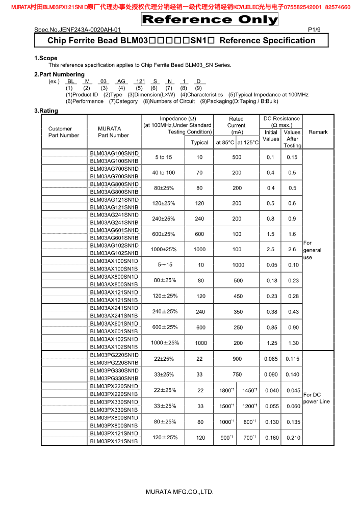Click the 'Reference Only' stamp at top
click(210, 20)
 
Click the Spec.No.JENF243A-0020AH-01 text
click(78, 30)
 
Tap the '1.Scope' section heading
click(46, 58)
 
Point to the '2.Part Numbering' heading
click(59, 74)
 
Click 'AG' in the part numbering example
click(121, 82)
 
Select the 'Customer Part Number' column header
click(64, 132)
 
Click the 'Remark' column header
click(318, 132)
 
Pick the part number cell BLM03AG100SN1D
click(114, 153)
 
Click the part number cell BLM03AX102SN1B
click(114, 347)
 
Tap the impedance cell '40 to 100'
click(164, 173)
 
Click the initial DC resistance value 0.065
click(271, 359)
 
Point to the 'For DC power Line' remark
click(317, 398)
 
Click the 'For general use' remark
click(312, 250)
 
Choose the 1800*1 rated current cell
click(226, 390)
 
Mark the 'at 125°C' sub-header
click(248, 143)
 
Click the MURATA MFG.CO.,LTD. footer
click(179, 492)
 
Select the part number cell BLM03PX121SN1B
click(114, 441)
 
